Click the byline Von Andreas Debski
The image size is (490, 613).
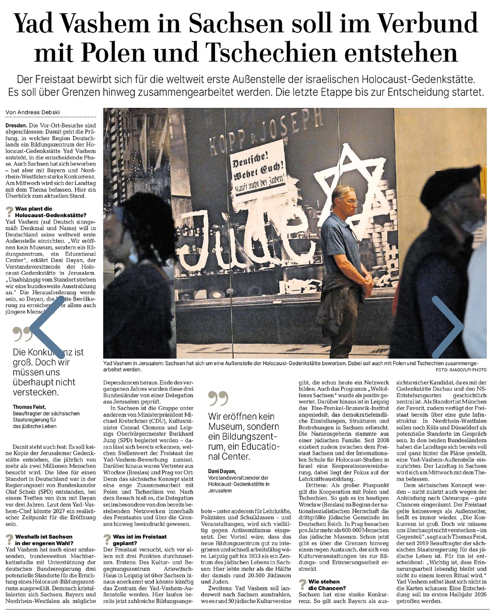(33, 112)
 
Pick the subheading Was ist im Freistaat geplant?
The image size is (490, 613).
(139, 540)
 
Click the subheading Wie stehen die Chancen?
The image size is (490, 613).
(327, 584)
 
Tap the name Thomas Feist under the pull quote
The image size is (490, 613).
(29, 407)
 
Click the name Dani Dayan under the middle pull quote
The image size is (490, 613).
(222, 471)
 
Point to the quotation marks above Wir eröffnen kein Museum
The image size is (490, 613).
(218, 399)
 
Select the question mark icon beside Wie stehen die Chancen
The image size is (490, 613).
(303, 584)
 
